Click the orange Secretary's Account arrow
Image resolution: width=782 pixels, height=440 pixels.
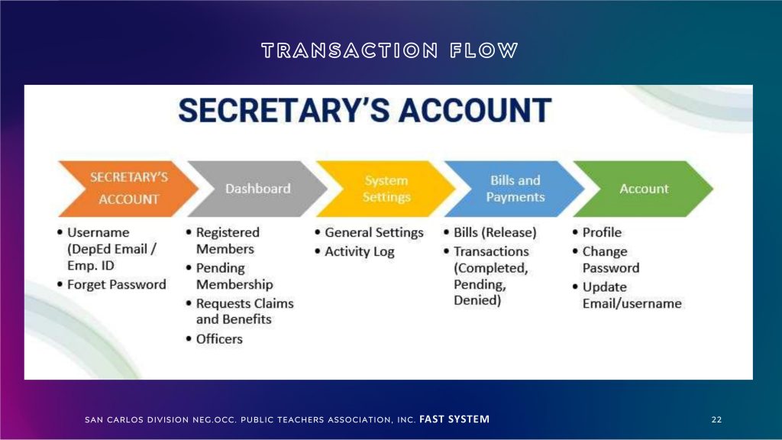click(128, 189)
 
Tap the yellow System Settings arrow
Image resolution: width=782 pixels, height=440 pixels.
click(386, 189)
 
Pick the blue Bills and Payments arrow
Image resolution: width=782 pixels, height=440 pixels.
click(515, 189)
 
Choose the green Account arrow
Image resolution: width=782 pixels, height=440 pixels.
click(643, 189)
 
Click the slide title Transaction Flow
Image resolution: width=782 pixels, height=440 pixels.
click(390, 50)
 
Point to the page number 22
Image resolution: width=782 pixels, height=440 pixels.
click(716, 419)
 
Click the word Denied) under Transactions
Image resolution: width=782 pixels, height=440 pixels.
click(477, 300)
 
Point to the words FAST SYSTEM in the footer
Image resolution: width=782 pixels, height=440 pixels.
click(454, 419)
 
